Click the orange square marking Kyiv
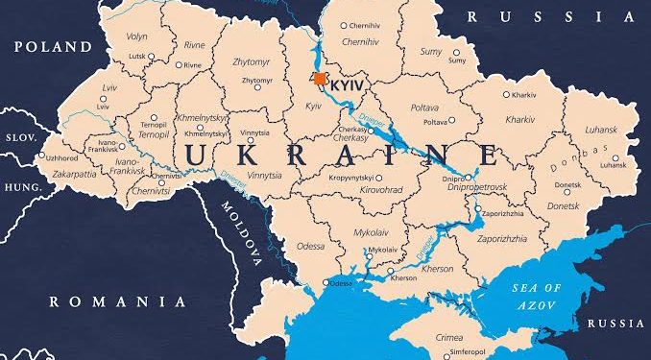click(320, 79)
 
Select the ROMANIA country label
click(117, 300)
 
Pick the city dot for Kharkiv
click(505, 96)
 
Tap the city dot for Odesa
click(326, 282)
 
